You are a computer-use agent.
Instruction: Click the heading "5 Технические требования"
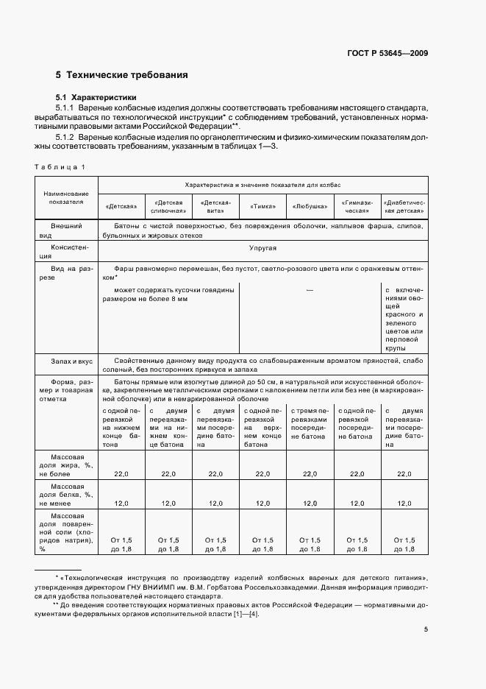(x=121, y=75)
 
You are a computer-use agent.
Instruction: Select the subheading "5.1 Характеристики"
(x=96, y=97)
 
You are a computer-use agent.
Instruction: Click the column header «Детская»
(x=121, y=207)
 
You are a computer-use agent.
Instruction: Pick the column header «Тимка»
(x=262, y=207)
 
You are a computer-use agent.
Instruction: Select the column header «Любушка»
(x=310, y=207)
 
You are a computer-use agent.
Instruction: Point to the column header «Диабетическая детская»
(x=404, y=206)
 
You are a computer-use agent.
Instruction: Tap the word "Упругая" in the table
(x=262, y=249)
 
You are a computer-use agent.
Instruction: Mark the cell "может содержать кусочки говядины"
(x=168, y=294)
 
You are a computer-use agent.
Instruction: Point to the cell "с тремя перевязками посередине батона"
(x=310, y=423)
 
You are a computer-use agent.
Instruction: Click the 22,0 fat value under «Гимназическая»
(x=357, y=473)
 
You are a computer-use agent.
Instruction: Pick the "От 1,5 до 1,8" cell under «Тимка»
(x=262, y=545)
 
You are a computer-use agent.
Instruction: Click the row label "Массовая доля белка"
(x=65, y=495)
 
